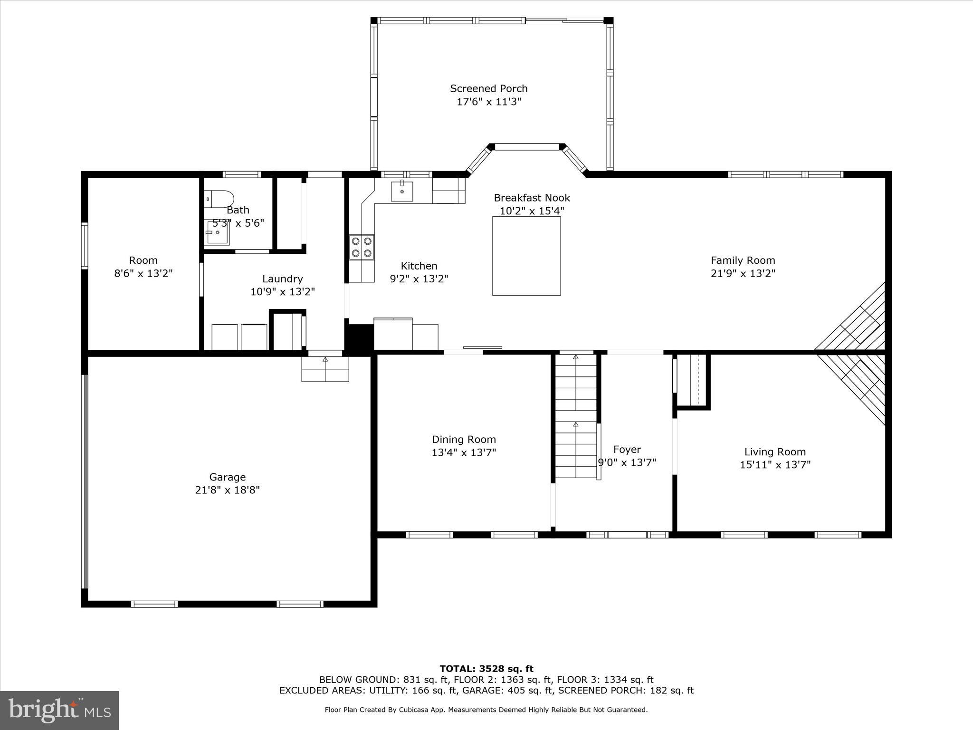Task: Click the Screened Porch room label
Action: point(488,89)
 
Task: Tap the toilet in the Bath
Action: point(219,199)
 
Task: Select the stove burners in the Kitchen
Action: point(362,247)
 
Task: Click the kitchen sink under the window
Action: point(402,192)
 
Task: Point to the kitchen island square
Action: point(526,256)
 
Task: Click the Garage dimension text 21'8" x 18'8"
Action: point(227,490)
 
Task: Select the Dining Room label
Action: point(464,440)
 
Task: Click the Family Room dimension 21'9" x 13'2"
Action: point(743,273)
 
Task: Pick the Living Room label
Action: point(775,452)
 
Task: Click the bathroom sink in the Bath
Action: point(217,233)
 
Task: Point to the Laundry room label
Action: point(282,279)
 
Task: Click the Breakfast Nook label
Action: point(532,198)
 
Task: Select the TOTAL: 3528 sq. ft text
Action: point(486,669)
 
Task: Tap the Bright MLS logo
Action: point(59,710)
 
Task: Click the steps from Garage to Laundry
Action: point(325,369)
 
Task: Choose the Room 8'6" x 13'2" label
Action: point(143,260)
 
